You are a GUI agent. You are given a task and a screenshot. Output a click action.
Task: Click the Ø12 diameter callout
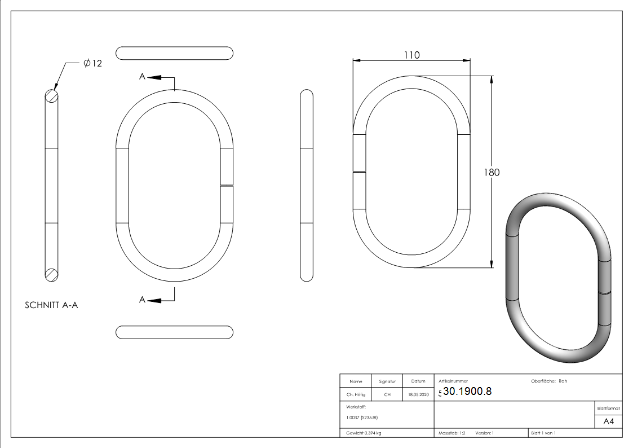(x=92, y=64)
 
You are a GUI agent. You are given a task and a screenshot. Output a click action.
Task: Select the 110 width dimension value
(x=411, y=55)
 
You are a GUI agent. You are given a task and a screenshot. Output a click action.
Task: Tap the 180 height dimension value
(x=492, y=173)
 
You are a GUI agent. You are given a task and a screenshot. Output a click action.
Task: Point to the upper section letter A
(x=143, y=77)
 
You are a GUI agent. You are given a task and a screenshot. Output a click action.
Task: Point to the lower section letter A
(x=143, y=300)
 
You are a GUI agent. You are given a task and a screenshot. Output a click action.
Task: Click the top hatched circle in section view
(x=51, y=96)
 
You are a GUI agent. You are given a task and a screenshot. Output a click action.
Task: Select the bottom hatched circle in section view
(x=51, y=274)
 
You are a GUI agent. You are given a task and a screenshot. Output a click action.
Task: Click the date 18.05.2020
(x=418, y=395)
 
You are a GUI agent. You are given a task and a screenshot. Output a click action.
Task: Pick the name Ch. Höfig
(x=356, y=395)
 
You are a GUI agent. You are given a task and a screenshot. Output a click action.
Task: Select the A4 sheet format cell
(x=609, y=421)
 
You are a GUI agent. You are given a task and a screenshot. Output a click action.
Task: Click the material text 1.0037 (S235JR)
(x=362, y=418)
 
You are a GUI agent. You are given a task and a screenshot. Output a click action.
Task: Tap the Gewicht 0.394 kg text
(x=364, y=433)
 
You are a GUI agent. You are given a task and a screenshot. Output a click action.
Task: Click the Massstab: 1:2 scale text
(x=452, y=433)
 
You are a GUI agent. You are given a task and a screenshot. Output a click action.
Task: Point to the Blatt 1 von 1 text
(x=543, y=433)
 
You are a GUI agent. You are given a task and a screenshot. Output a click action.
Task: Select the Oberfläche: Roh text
(x=548, y=381)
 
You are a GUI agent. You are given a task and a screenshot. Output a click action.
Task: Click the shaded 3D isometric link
(x=558, y=276)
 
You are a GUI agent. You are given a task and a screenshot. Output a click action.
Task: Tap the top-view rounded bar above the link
(x=174, y=53)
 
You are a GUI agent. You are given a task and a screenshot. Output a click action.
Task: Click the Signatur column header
(x=387, y=381)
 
